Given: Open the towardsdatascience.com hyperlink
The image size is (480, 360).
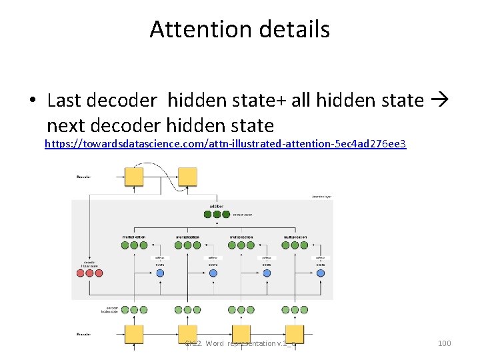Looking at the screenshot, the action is coord(225,143).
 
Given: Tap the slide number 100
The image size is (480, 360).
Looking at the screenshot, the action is coord(444,343).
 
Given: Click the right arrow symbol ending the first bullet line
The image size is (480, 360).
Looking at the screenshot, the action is coord(441,101).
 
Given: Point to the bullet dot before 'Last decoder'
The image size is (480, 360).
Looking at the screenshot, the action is coord(32,101).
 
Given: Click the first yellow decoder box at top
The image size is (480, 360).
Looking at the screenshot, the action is coord(133,177).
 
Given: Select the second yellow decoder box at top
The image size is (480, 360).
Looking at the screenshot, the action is coord(187,177).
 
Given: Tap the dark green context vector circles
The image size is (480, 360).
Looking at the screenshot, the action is coord(217,215).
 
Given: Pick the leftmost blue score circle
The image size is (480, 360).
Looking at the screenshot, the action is coord(160,273).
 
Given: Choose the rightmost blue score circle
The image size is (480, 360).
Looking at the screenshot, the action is coord(321,273).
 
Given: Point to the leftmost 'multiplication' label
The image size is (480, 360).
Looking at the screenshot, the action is coord(134,237).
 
